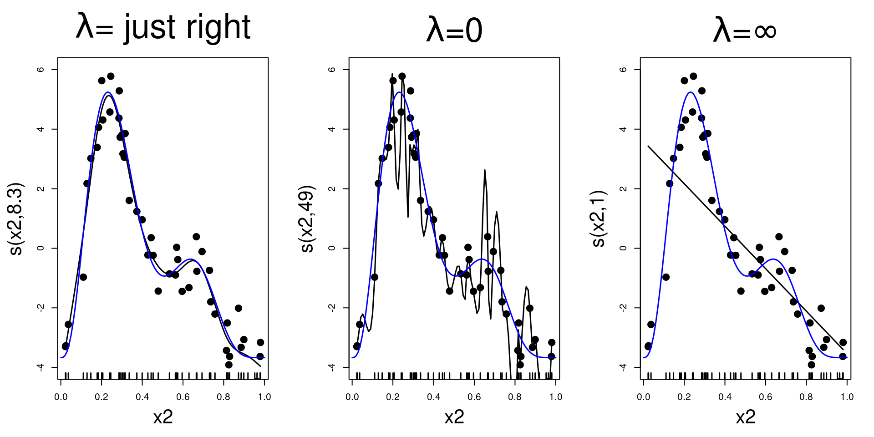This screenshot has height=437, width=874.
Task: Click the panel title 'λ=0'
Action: [454, 30]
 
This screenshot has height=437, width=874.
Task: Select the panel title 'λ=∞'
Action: [745, 30]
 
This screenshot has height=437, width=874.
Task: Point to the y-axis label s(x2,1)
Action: [599, 219]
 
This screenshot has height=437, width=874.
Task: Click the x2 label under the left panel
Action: [163, 417]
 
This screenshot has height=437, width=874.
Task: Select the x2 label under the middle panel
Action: [454, 417]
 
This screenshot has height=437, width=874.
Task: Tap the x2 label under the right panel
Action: [746, 417]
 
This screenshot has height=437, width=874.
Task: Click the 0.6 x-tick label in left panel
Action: [183, 397]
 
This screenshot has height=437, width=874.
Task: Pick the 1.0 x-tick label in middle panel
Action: [555, 397]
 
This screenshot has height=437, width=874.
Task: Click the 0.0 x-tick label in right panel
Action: [644, 397]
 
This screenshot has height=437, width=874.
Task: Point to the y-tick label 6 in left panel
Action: [41, 70]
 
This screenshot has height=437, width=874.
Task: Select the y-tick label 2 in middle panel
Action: [333, 188]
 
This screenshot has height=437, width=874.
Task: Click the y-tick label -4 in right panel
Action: [624, 367]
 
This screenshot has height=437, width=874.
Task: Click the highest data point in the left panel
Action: [111, 76]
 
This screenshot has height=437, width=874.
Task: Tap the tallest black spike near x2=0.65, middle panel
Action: [485, 171]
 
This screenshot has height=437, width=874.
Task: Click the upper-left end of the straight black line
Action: [649, 147]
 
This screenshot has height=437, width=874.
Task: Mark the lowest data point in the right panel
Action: [811, 365]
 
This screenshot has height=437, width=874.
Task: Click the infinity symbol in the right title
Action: [765, 31]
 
